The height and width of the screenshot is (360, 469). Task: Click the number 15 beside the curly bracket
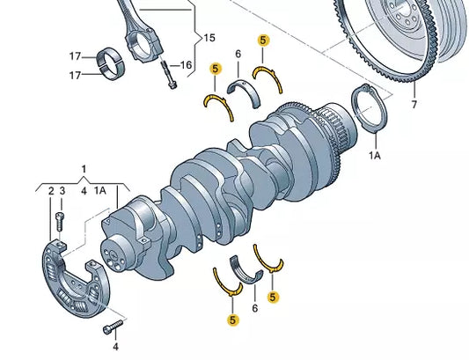(209, 38)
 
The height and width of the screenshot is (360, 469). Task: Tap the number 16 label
(186, 64)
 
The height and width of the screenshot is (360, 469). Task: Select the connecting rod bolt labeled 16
(169, 74)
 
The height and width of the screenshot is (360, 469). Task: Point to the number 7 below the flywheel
(414, 105)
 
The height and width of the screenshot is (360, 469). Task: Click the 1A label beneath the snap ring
(375, 155)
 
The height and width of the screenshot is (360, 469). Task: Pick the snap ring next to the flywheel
(369, 108)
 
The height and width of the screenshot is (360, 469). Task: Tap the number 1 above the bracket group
(84, 169)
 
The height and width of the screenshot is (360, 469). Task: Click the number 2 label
(51, 191)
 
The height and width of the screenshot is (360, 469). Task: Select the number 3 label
(62, 191)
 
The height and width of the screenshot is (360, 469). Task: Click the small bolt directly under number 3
(61, 221)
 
